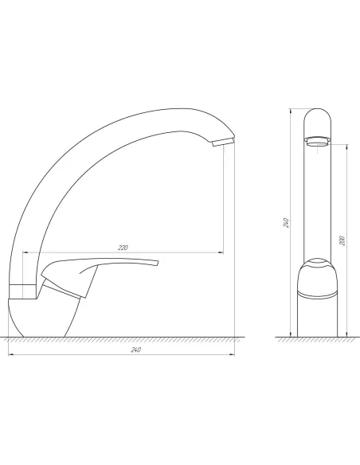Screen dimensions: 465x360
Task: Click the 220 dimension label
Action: click(123, 248)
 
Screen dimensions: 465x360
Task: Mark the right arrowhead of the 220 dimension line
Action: click(222, 252)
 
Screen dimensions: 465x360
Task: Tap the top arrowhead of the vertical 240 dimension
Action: click(291, 109)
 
